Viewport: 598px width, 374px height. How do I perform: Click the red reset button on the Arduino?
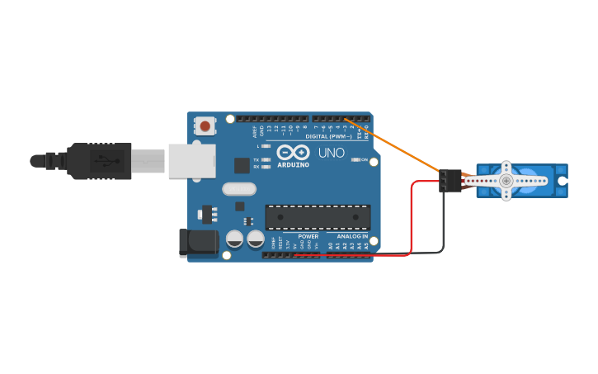coord(204,126)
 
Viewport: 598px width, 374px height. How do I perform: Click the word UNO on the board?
coord(331,153)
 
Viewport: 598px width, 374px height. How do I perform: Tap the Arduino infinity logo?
coord(293,152)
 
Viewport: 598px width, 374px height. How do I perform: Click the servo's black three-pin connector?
coord(450,180)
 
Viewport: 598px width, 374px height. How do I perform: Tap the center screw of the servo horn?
coord(506,180)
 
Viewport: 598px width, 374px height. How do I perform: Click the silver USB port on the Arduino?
coord(191,161)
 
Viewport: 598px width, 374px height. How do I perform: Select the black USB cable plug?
coord(99,160)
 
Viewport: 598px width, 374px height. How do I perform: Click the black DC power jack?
coord(199,244)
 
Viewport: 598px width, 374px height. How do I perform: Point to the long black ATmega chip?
coord(318,217)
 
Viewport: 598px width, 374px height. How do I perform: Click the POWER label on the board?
coord(308,236)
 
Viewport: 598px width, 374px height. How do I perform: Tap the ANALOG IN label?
coord(352,236)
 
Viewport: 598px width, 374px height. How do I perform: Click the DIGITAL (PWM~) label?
coord(328,136)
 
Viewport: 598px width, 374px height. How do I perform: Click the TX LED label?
coord(256,159)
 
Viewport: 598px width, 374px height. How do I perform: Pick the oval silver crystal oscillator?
coord(239,189)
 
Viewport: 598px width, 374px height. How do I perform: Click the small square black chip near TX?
coord(242,165)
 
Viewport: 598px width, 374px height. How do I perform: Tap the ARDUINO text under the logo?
coord(293,164)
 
